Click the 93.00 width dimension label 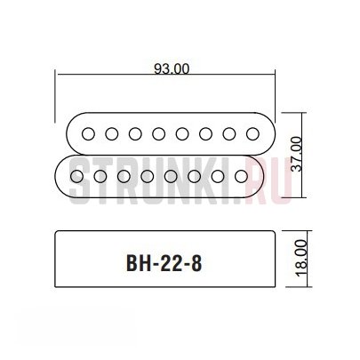tap(172, 69)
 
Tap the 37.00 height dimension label tap(296, 154)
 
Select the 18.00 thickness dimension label tap(301, 258)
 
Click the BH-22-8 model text tap(164, 263)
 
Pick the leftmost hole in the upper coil tap(88, 134)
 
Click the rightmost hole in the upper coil tap(252, 134)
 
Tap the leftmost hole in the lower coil tap(76, 177)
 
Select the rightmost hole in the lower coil tap(241, 177)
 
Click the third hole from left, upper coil tap(135, 134)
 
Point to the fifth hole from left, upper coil tap(182, 134)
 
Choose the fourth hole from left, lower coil tap(148, 177)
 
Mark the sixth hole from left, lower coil tap(194, 177)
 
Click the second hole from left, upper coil tap(112, 134)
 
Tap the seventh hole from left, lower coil tap(218, 177)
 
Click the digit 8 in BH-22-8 tap(196, 263)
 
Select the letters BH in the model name tap(139, 263)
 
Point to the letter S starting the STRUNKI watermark tap(81, 180)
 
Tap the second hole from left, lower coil tap(100, 177)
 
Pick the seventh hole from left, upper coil tap(229, 134)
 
